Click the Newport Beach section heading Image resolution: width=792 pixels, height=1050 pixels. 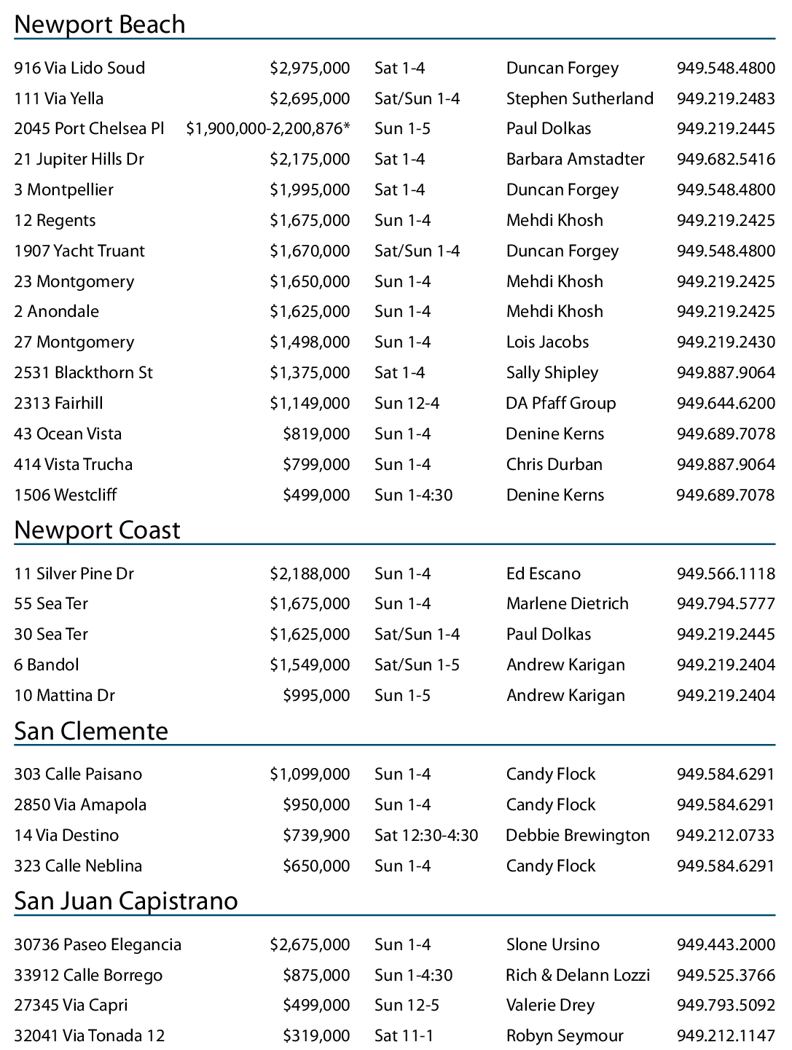coord(100,25)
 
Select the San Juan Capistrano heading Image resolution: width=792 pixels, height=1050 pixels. coord(126,901)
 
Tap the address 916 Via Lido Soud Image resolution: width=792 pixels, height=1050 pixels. coord(79,68)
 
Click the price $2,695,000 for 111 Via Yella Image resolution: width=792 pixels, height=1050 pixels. coord(310,99)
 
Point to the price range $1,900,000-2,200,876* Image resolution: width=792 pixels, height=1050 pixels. coord(268,129)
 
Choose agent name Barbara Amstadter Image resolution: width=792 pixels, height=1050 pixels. coord(575,160)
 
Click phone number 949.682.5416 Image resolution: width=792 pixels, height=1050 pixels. coord(725,160)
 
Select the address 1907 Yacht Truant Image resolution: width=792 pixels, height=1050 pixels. coord(79,251)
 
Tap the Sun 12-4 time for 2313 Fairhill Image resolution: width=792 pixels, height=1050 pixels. coord(407,404)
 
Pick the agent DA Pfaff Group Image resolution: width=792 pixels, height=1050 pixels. coord(560,404)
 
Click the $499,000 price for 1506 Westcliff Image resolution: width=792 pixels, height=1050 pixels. coord(316,495)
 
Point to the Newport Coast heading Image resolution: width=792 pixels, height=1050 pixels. coord(97,530)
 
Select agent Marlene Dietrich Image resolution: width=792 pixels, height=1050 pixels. coord(567,604)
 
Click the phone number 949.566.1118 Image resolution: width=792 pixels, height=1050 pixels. coord(725,574)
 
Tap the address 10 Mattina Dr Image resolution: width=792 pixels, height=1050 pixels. coord(64,696)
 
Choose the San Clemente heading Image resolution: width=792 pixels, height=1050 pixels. coord(91,732)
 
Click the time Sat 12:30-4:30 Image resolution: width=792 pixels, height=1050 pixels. coord(426,836)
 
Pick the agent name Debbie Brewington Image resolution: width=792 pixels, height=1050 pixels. coord(577,836)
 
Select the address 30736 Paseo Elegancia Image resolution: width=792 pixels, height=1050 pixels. coord(98,945)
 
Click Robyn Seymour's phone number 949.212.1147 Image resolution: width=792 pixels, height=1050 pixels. coord(725,1036)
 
